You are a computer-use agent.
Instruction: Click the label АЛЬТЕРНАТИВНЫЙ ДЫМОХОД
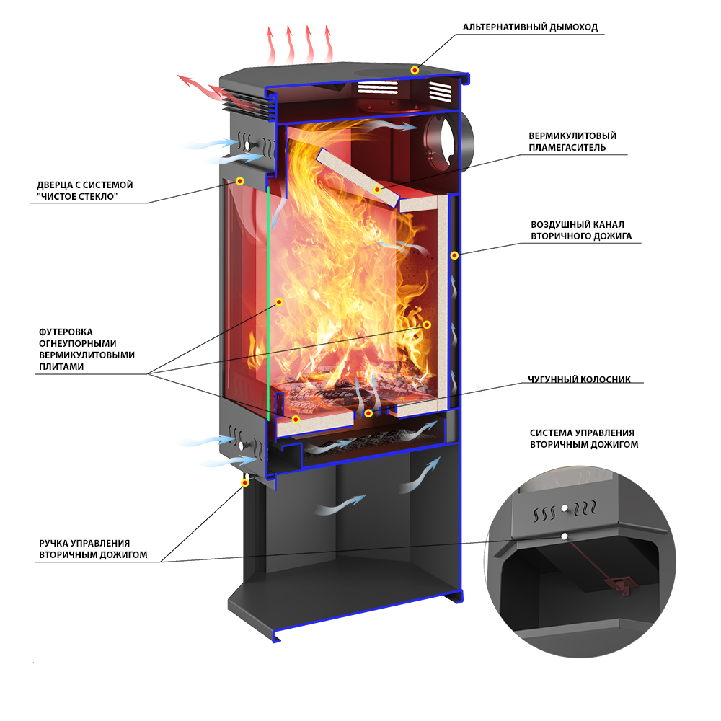(x=530, y=27)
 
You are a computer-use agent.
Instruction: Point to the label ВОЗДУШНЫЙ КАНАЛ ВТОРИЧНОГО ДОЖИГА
(x=581, y=229)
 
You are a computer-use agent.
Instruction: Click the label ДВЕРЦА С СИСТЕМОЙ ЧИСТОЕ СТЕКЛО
(x=85, y=190)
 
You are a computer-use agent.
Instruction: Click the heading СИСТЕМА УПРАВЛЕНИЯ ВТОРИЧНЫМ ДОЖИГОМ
(x=584, y=438)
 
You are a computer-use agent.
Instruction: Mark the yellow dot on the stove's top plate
(x=415, y=70)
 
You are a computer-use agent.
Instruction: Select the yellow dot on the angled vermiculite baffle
(x=378, y=190)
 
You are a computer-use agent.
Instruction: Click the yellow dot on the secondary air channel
(x=454, y=255)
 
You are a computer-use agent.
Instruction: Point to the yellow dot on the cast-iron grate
(x=368, y=413)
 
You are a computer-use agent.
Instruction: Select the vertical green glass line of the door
(x=268, y=303)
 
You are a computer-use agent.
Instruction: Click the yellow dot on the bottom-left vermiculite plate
(x=296, y=418)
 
